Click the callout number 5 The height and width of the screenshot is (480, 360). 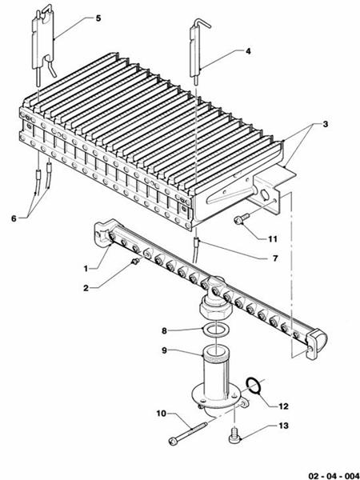(98, 18)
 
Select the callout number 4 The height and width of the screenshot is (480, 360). (248, 50)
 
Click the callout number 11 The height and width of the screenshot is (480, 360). (273, 238)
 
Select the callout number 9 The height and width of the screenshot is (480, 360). (164, 349)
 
